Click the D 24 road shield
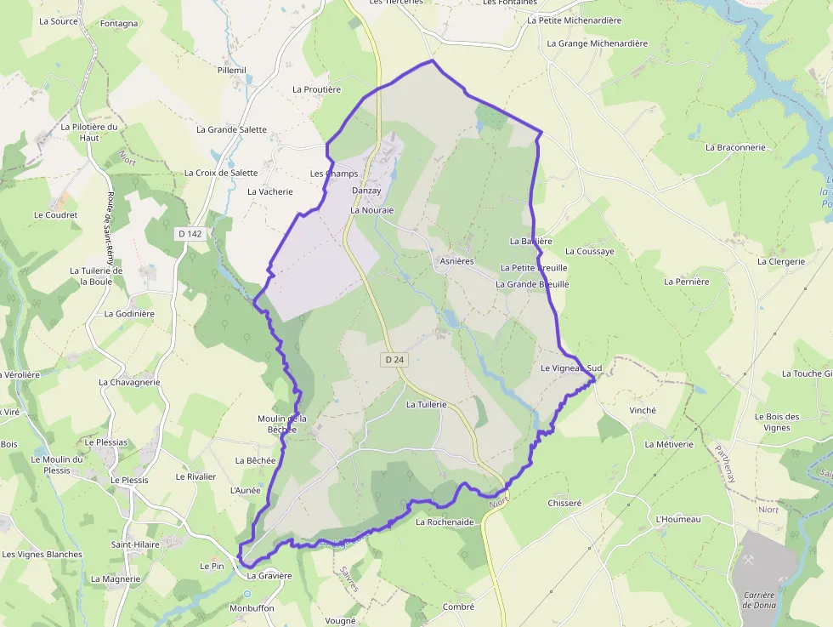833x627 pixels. click(394, 360)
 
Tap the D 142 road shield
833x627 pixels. click(191, 233)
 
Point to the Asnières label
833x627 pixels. click(456, 261)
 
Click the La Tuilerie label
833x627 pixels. click(426, 405)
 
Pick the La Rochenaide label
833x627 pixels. click(445, 522)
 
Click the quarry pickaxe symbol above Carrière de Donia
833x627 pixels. click(751, 561)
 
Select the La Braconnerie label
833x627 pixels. click(735, 147)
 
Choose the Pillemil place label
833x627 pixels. click(231, 70)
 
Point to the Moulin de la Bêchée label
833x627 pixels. click(281, 424)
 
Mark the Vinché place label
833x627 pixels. click(643, 410)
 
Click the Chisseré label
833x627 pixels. click(564, 503)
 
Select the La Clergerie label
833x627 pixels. click(780, 262)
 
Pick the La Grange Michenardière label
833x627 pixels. click(597, 43)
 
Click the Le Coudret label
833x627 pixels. click(55, 215)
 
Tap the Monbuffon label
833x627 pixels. click(252, 608)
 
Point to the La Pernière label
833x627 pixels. click(686, 282)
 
